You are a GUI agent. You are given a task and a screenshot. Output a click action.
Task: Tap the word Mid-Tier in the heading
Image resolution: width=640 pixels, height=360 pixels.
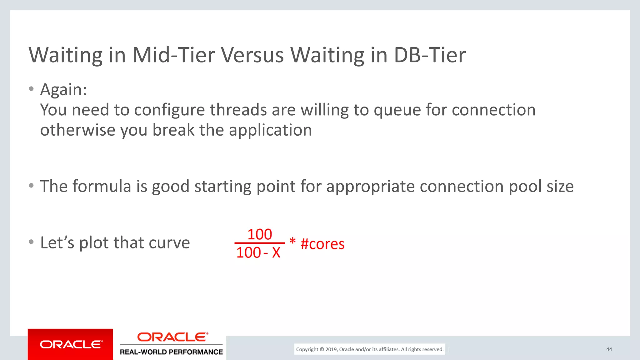[173, 55]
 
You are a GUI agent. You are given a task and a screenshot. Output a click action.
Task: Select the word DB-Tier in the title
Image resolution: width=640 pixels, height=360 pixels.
[430, 55]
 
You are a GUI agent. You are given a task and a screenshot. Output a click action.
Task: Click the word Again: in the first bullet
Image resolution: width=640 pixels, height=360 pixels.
[63, 90]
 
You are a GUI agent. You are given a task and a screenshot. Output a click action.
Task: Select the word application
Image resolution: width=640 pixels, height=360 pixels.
[270, 130]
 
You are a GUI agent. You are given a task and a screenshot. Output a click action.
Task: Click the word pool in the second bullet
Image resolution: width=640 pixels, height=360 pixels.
[525, 187]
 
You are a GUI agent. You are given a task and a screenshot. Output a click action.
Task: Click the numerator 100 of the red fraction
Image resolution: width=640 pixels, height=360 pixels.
[260, 234]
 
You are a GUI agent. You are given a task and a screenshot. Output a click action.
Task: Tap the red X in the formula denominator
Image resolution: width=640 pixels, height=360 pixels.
[276, 252]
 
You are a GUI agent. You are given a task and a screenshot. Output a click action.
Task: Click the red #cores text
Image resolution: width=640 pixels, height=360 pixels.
[322, 244]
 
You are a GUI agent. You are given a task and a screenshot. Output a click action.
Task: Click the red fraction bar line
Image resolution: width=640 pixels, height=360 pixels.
[259, 243]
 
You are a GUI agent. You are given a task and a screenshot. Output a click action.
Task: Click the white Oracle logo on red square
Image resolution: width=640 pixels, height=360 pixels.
[71, 344]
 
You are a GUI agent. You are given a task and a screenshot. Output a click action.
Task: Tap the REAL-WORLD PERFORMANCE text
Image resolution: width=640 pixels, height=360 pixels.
[171, 352]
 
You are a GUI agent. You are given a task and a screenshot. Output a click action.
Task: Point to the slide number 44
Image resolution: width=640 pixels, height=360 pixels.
[609, 349]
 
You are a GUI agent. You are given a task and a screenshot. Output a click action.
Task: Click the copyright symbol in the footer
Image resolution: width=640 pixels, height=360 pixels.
[322, 349]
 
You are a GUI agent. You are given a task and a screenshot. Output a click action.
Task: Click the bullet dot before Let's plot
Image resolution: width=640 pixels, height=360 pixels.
[31, 242]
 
